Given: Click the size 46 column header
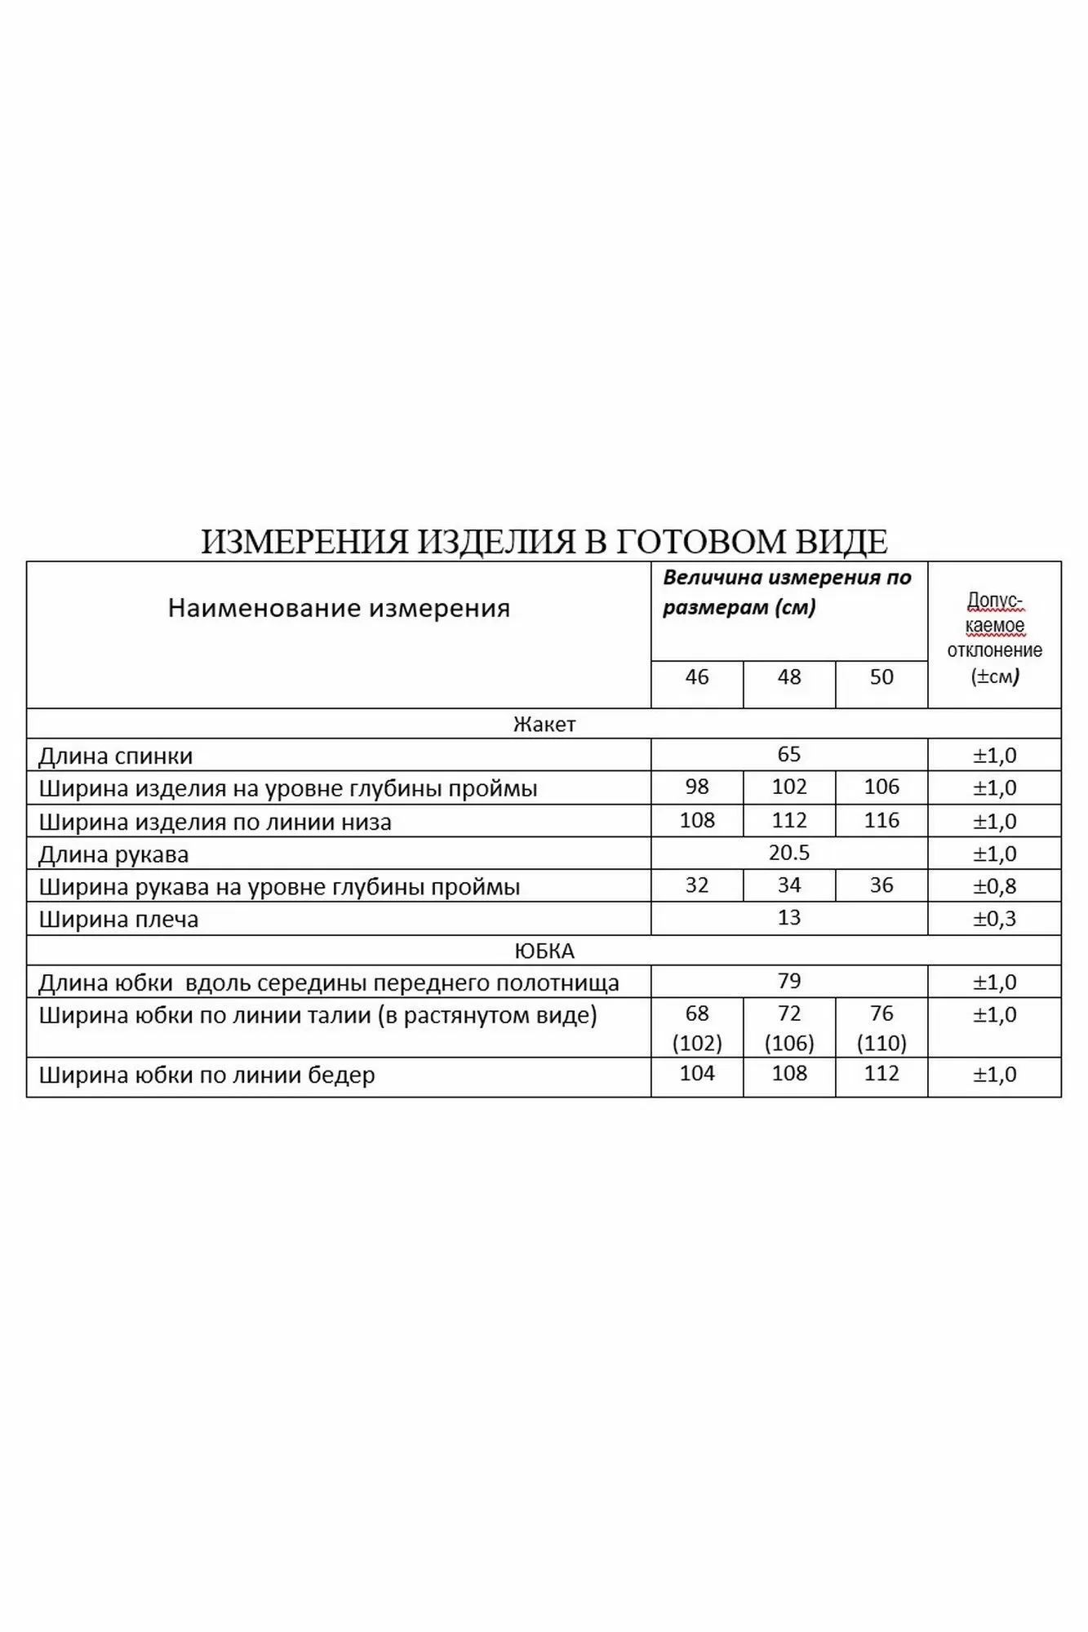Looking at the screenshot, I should [x=697, y=677].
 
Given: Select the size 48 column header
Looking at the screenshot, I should [x=789, y=677].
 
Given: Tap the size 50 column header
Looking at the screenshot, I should [x=882, y=677].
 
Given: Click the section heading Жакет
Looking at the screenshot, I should [x=544, y=725].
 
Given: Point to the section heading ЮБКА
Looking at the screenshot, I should [x=544, y=951].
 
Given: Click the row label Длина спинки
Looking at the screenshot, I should [x=116, y=756].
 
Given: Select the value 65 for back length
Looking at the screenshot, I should [x=789, y=755].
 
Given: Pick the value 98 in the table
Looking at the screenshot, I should [x=697, y=787].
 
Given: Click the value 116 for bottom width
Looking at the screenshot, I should [x=882, y=821].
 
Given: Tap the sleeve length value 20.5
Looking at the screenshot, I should [x=789, y=854].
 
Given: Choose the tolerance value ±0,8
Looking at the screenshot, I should [x=994, y=886].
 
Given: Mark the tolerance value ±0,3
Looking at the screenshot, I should [x=994, y=919].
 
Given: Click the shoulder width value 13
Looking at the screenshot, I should [x=789, y=918].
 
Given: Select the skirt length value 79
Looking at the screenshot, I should [x=789, y=982].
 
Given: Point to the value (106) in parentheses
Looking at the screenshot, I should [x=789, y=1044].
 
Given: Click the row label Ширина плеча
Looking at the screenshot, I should [x=119, y=920].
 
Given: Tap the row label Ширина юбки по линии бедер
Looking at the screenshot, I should [x=207, y=1075].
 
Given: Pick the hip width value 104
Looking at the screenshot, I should [x=697, y=1074].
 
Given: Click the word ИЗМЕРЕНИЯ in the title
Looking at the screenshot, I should [x=304, y=542].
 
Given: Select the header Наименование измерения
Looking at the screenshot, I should [x=339, y=609].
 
